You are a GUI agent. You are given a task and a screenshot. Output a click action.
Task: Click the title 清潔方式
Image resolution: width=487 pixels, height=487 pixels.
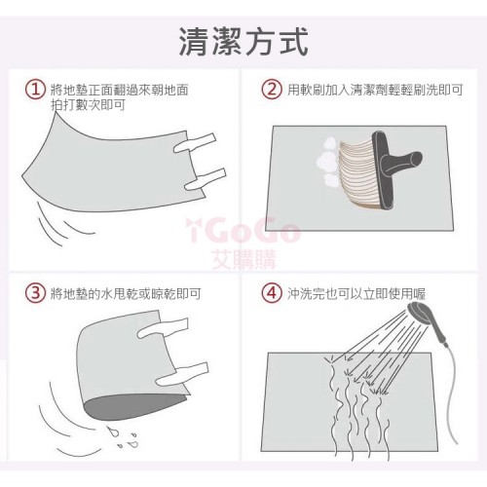click(x=243, y=42)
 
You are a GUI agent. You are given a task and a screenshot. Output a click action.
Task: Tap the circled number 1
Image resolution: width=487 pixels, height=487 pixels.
click(x=35, y=90)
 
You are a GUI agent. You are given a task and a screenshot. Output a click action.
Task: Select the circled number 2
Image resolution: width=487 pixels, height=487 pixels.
click(x=272, y=90)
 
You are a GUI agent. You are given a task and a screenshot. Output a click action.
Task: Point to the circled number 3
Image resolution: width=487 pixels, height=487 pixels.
click(x=35, y=293)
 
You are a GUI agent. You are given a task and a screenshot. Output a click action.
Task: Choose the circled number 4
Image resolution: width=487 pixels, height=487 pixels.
click(x=272, y=293)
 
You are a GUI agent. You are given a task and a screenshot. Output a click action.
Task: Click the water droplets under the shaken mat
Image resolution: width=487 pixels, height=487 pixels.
click(x=124, y=436)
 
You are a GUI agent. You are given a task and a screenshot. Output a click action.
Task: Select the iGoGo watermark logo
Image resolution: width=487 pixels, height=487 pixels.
click(x=243, y=231)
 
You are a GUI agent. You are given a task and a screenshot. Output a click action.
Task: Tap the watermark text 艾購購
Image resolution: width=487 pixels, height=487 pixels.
click(x=243, y=260)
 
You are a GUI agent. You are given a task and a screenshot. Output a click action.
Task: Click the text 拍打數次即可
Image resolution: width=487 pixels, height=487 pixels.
click(x=88, y=105)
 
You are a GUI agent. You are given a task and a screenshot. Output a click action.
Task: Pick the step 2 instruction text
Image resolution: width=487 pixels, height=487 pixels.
click(x=375, y=90)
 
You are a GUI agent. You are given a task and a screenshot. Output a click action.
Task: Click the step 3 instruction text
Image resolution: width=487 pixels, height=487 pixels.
click(x=126, y=293)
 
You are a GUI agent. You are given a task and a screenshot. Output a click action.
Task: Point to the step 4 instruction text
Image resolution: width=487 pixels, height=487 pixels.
click(x=356, y=293)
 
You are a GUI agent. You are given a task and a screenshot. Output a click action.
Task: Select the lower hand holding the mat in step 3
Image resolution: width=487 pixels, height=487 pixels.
click(x=182, y=374)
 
